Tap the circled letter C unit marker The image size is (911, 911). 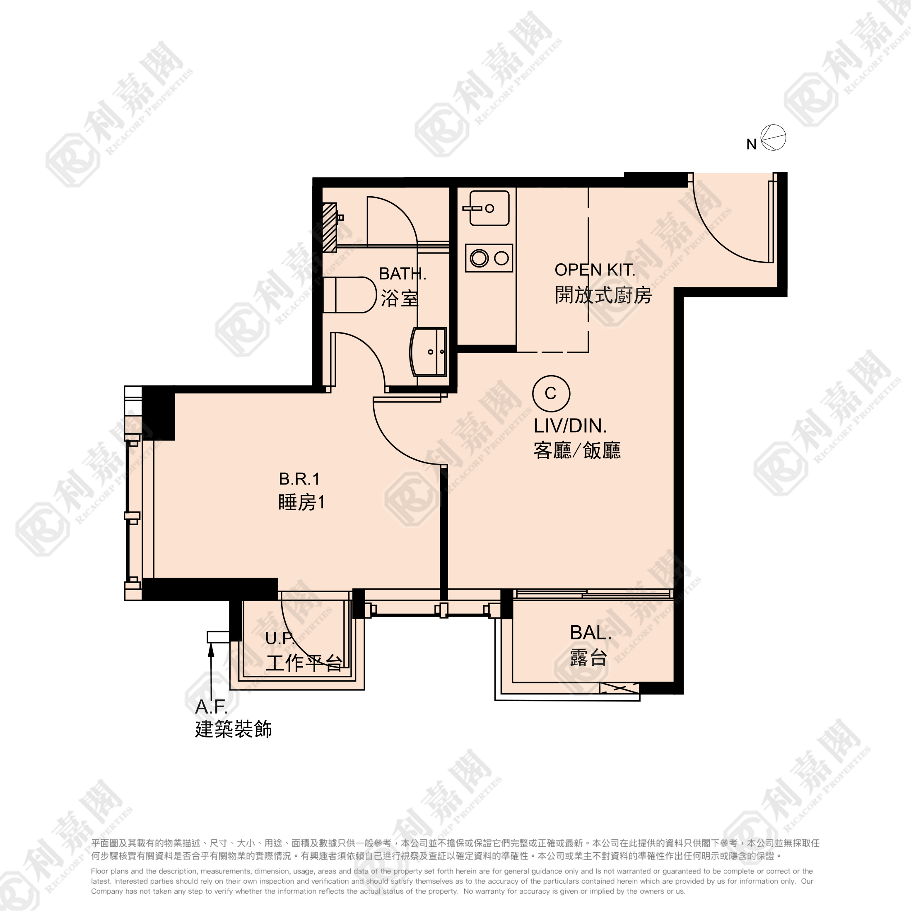coord(551,393)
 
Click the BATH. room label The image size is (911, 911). coord(402,273)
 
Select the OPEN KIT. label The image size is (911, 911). coord(595,270)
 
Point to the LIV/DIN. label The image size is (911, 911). coord(570,426)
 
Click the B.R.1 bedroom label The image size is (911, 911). coord(299,479)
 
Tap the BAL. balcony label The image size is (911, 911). coord(590,633)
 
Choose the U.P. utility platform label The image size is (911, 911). coord(280,639)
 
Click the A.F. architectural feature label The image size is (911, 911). coord(211,707)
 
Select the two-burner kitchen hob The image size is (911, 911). coord(489,258)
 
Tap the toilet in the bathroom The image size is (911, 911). coord(349,295)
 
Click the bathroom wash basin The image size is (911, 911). coord(428,352)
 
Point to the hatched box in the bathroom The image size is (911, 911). coord(330,227)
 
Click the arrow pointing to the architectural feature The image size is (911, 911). coord(211,670)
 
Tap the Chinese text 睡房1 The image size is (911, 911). coord(302,503)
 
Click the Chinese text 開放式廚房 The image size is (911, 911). coord(603,295)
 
